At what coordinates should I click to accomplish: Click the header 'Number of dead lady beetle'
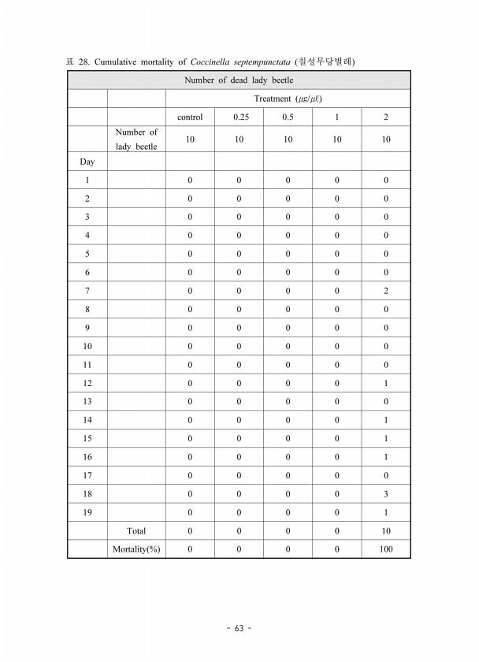239,80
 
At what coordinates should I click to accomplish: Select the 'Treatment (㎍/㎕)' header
288,99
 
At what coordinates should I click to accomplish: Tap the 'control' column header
190,117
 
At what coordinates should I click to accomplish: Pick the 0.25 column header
239,117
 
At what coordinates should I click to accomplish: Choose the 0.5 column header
288,117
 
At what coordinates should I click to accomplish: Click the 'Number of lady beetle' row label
136,139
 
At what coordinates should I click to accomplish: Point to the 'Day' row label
87,162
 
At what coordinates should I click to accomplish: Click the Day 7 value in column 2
386,291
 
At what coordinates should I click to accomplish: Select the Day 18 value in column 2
386,494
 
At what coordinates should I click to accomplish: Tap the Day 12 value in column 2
386,383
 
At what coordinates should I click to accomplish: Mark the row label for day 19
87,512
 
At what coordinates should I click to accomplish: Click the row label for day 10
87,346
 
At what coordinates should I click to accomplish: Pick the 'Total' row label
136,531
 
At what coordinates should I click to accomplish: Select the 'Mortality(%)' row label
136,549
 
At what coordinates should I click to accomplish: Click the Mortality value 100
386,549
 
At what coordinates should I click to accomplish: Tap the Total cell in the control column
190,531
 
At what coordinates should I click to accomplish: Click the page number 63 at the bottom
239,628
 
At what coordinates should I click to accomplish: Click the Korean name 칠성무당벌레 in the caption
325,61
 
